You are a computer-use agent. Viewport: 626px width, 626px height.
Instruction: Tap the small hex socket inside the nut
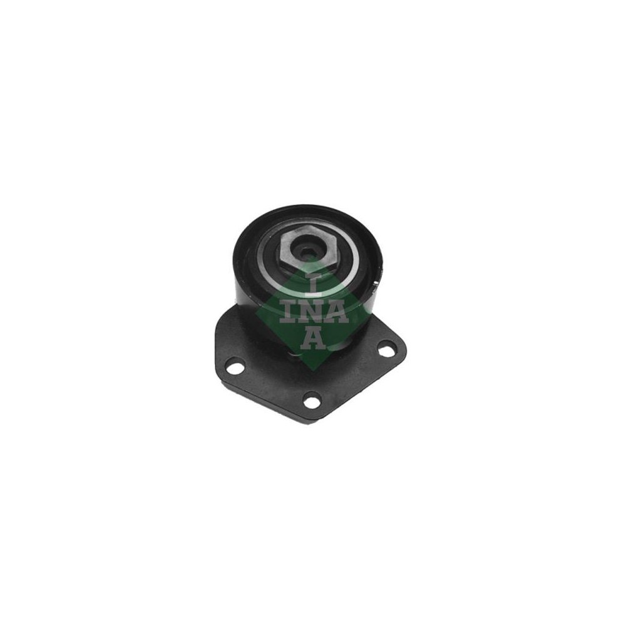point(306,252)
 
